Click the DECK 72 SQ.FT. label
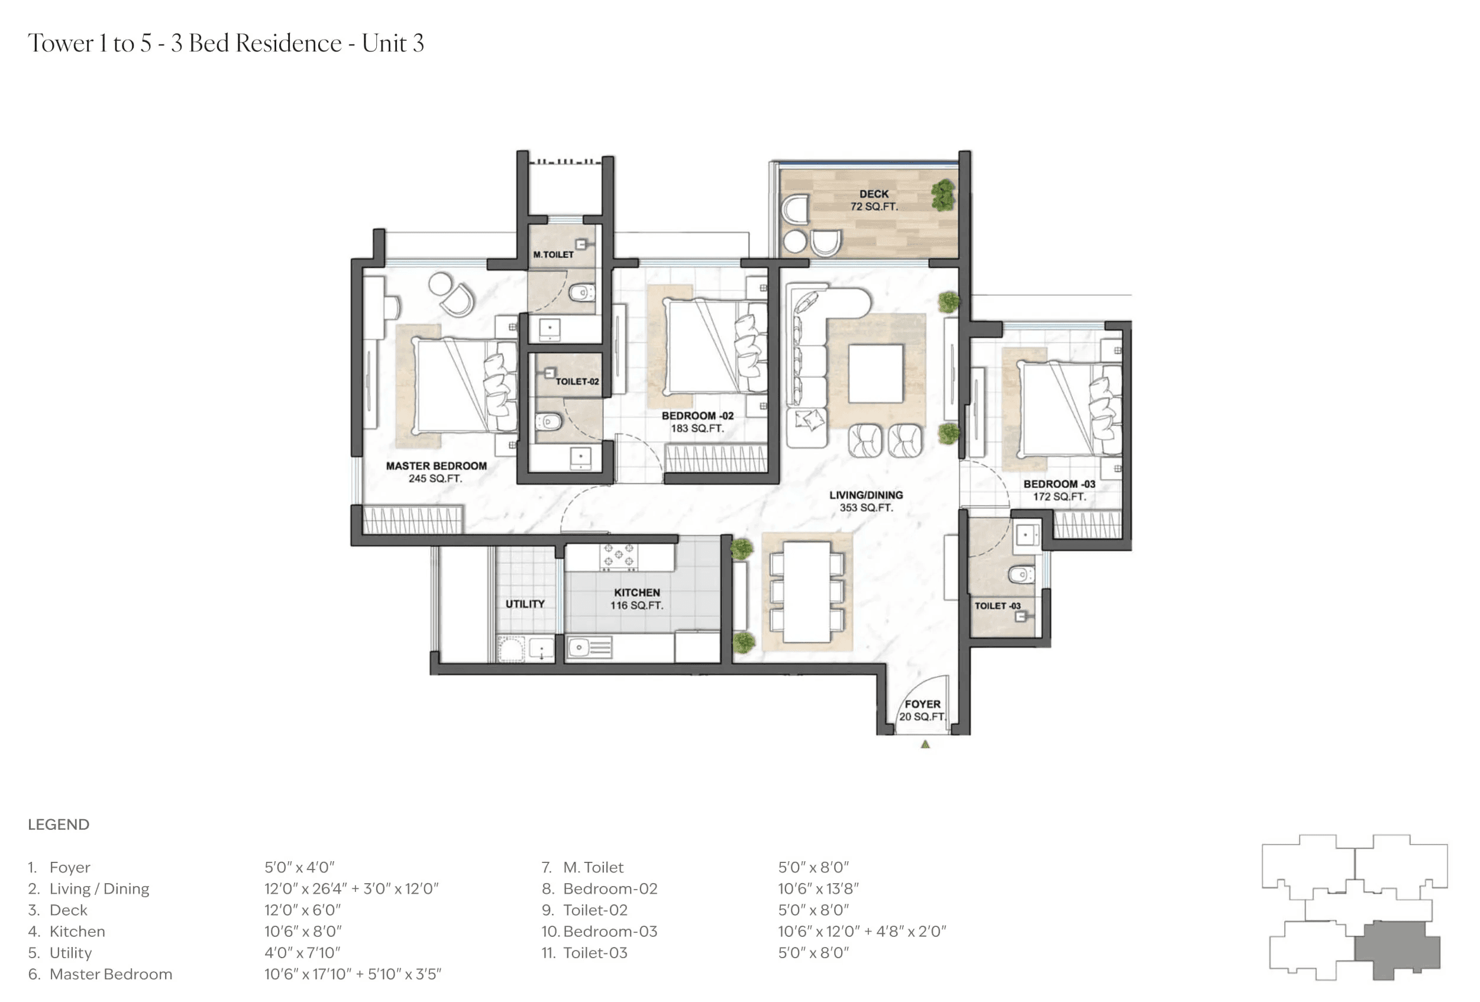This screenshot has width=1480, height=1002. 874,200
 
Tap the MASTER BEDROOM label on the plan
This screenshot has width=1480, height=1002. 436,472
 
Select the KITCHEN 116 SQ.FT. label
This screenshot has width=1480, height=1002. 637,599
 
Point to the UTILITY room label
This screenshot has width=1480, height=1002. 525,604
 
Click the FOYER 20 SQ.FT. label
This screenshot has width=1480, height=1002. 922,710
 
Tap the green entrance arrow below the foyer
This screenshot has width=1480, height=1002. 925,744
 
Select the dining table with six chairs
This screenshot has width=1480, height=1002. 806,591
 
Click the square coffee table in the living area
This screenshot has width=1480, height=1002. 875,373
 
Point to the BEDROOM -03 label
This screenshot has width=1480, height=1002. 1059,490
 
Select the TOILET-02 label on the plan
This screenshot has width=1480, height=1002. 577,382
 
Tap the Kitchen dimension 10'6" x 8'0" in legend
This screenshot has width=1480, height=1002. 303,931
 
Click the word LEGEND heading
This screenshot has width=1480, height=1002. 59,825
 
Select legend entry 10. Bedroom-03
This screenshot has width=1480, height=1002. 599,931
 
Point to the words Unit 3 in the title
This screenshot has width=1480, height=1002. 393,43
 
